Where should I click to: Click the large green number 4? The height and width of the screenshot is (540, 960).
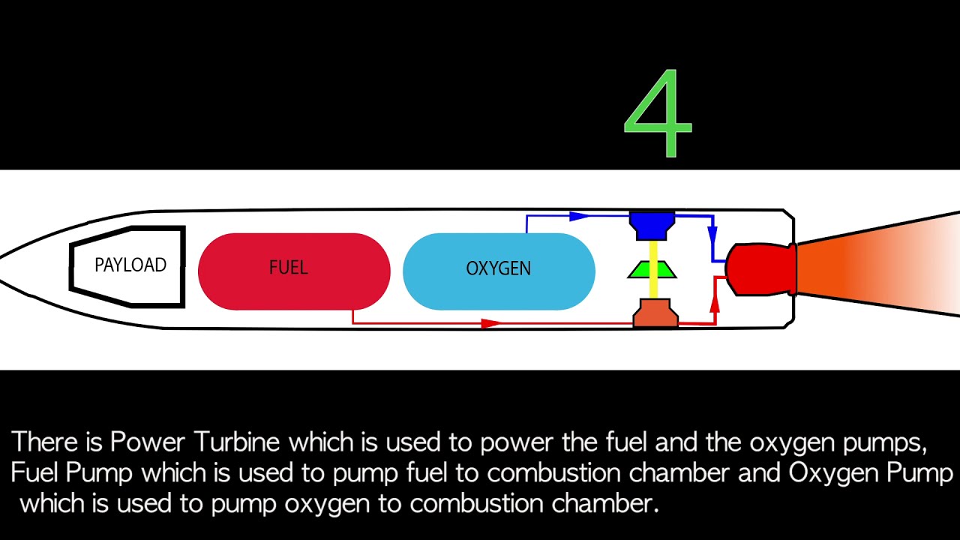[x=658, y=114]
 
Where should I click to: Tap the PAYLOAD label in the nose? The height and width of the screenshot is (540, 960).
[x=130, y=265]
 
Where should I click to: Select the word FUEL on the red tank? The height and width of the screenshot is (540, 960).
[x=288, y=268]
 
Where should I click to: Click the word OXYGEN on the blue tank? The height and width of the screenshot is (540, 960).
[x=498, y=268]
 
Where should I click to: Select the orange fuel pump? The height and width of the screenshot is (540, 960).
[x=655, y=313]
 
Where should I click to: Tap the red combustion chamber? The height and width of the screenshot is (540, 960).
[x=757, y=268]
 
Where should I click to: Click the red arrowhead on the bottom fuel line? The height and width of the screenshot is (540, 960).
[x=491, y=323]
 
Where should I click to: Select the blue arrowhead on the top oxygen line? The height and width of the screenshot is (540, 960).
[x=578, y=217]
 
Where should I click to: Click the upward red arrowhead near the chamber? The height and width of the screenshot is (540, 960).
[x=714, y=303]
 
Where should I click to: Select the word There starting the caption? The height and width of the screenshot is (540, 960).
[x=46, y=442]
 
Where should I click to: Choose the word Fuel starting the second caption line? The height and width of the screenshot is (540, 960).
[x=34, y=473]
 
